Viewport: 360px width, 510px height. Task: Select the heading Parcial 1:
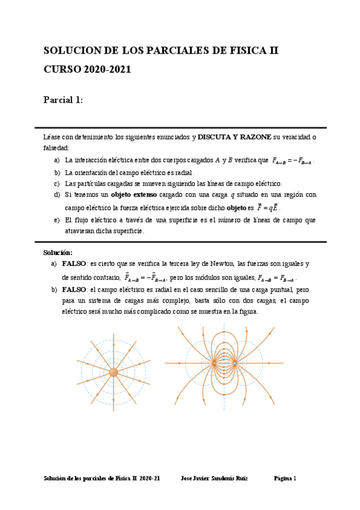(x=63, y=100)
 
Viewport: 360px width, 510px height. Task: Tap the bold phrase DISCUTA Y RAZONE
(x=234, y=137)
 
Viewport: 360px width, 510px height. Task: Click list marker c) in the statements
(x=57, y=183)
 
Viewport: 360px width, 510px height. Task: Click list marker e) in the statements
(x=57, y=220)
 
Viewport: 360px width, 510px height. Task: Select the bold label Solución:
(x=58, y=253)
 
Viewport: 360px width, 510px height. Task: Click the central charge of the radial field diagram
(x=114, y=372)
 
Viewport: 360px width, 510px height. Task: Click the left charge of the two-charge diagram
(x=214, y=363)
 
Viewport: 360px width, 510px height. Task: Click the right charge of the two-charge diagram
(x=235, y=363)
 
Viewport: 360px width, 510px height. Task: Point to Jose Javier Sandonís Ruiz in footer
(x=214, y=479)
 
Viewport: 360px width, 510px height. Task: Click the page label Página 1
(x=285, y=479)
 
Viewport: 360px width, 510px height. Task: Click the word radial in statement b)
(x=182, y=172)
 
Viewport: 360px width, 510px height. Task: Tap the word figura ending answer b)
(x=247, y=312)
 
